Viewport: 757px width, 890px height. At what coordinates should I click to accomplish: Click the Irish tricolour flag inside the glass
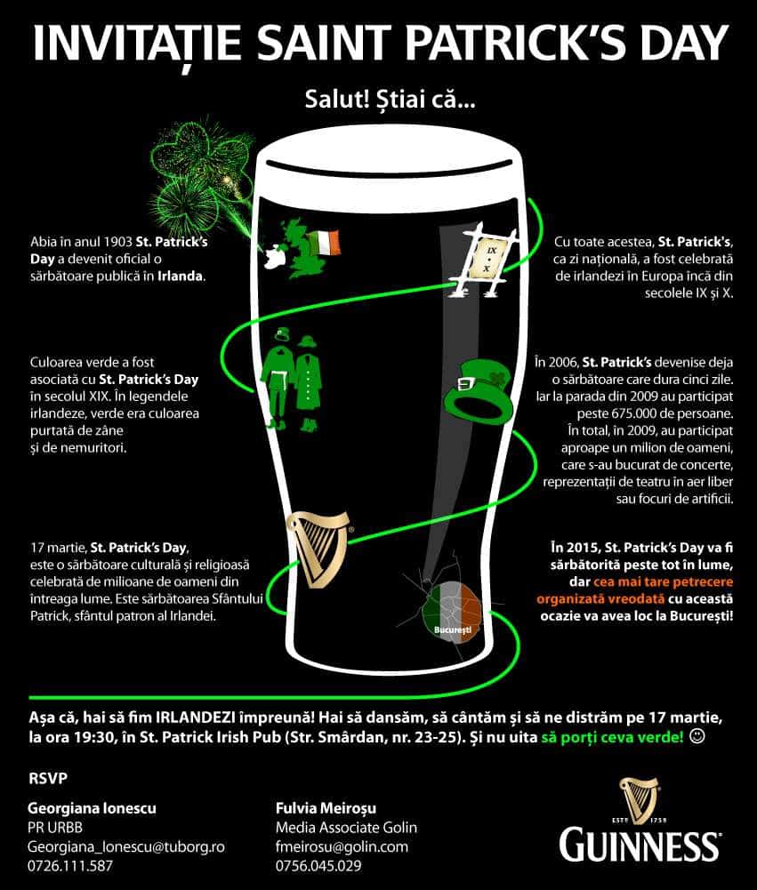pyautogui.click(x=324, y=243)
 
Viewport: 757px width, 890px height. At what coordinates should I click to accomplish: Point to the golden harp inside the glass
pyautogui.click(x=316, y=548)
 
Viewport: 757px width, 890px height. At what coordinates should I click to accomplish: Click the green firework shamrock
pyautogui.click(x=197, y=169)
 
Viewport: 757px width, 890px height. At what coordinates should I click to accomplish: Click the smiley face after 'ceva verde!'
pyautogui.click(x=697, y=736)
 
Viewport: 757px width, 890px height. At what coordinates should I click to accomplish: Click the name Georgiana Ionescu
pyautogui.click(x=92, y=809)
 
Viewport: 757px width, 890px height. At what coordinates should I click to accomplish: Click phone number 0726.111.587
pyautogui.click(x=70, y=865)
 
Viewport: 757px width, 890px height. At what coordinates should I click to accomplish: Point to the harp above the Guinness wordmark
pyautogui.click(x=640, y=796)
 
